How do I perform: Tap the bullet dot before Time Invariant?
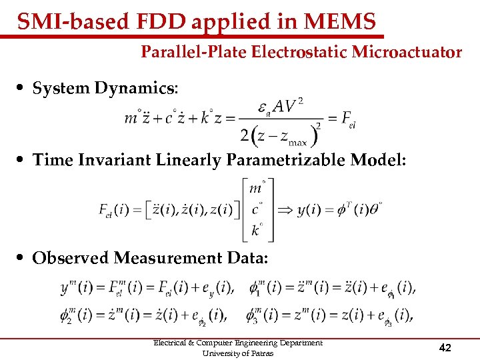[x=23, y=161]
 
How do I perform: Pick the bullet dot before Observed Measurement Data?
[x=23, y=258]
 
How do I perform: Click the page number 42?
[x=445, y=347]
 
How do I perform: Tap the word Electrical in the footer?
[x=172, y=343]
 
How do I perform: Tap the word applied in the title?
[x=225, y=22]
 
